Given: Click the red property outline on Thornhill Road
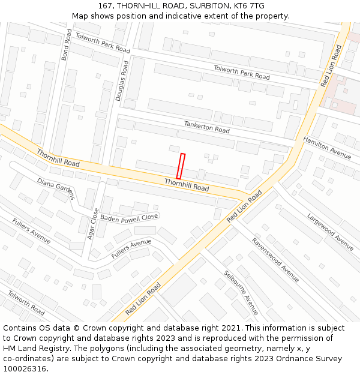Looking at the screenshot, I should (181, 166).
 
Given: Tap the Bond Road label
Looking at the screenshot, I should (66, 45).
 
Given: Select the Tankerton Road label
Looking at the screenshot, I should (206, 127).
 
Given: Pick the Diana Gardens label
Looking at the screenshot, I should (56, 188).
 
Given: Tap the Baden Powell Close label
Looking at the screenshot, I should (129, 217).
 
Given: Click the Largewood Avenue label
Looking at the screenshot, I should (330, 232).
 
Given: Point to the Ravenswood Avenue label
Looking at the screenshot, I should (275, 260).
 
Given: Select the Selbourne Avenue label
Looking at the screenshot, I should (241, 292).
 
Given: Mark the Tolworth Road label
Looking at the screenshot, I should (26, 302).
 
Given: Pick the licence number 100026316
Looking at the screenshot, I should (24, 369).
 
